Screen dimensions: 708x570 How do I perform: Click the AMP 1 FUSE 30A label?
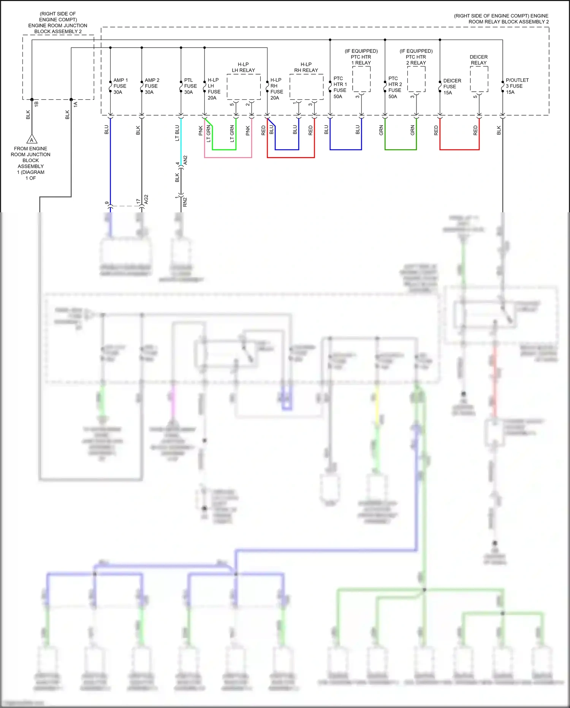[120, 86]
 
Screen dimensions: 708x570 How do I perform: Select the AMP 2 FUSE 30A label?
[152, 86]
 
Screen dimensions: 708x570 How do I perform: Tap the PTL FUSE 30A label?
[190, 86]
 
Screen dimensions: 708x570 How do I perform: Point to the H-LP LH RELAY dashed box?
[244, 87]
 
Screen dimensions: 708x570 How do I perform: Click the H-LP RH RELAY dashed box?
[306, 87]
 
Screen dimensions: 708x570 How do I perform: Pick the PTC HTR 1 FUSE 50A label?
[340, 88]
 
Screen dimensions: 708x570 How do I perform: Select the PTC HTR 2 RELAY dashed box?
[416, 79]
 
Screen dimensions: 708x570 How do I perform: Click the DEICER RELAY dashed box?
[479, 79]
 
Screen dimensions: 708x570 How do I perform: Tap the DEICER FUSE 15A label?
[452, 87]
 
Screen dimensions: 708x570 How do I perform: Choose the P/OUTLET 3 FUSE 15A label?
[516, 86]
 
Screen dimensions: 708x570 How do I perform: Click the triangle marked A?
[32, 139]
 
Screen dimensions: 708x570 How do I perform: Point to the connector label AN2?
[185, 160]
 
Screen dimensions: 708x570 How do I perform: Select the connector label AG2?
[146, 199]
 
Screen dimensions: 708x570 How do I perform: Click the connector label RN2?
[185, 202]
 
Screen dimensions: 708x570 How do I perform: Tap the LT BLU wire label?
[177, 133]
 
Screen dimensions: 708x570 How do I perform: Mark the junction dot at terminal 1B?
[32, 100]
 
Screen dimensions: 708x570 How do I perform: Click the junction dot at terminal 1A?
[71, 100]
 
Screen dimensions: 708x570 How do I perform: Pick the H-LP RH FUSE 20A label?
[276, 89]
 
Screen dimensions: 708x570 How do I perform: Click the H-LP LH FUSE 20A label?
[214, 89]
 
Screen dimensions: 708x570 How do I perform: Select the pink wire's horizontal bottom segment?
[228, 157]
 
